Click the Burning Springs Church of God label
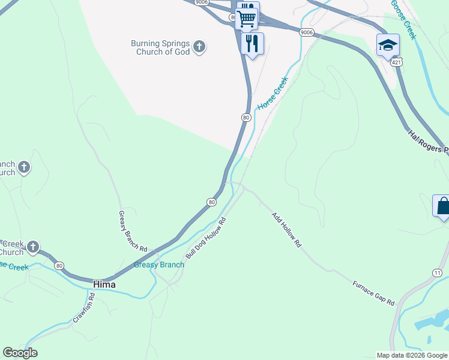pos(160,47)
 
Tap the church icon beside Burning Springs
pos(199,46)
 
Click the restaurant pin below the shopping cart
pos(252,43)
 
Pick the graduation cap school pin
pos(388,44)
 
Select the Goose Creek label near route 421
pos(402,19)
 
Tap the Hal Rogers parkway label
pos(428,142)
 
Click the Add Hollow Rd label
pos(286,230)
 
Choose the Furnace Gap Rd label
pos(373,293)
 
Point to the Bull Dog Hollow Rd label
pos(205,238)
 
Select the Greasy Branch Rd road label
pos(133,231)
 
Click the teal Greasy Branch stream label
pos(159,265)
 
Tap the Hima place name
pos(104,284)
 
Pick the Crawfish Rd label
pos(84,308)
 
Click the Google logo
pos(20,353)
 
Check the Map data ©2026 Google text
pos(411,355)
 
